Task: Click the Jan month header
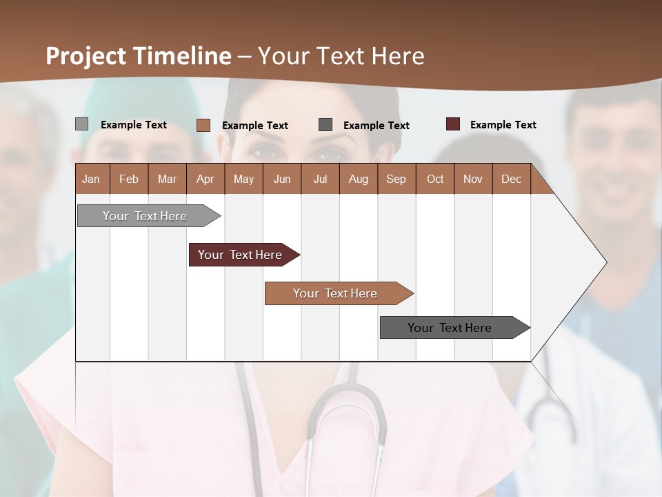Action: (x=92, y=179)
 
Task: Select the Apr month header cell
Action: (x=205, y=179)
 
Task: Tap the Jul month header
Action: (x=320, y=179)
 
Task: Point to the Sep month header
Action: (x=397, y=179)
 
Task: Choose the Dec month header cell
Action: (x=511, y=179)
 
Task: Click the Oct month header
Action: (x=435, y=179)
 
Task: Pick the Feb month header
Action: (x=129, y=179)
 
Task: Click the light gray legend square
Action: (x=81, y=124)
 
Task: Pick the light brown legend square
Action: (x=203, y=125)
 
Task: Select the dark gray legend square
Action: (x=325, y=125)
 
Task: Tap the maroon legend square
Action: (x=452, y=124)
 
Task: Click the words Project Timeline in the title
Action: (x=138, y=56)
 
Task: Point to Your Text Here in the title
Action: (x=341, y=56)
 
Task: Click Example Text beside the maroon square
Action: (x=503, y=125)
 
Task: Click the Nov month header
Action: (x=473, y=179)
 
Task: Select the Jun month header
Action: (x=282, y=179)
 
